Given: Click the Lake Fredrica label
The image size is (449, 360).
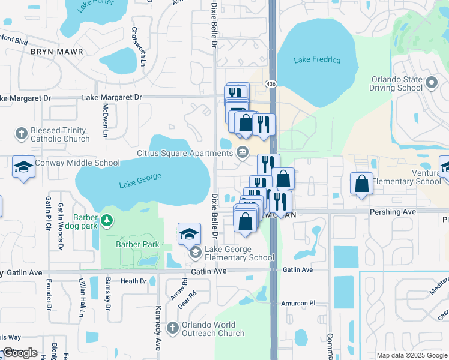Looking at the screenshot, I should (x=318, y=60).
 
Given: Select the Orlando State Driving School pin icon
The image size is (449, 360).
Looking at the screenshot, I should (x=431, y=83).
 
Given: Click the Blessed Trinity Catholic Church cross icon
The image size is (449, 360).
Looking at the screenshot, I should (x=22, y=133).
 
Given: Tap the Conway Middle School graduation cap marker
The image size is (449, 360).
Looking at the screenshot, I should (x=24, y=167).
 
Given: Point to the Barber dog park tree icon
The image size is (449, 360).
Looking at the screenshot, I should (x=107, y=221).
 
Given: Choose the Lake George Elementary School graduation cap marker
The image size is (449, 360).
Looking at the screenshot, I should (x=189, y=234).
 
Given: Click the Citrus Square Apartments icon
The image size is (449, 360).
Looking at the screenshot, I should (x=243, y=151).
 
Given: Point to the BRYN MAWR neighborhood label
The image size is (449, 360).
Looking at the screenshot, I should (x=57, y=52).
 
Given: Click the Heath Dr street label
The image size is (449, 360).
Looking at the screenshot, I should (x=133, y=281).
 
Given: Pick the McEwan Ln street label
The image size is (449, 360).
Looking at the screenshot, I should (x=105, y=110).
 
